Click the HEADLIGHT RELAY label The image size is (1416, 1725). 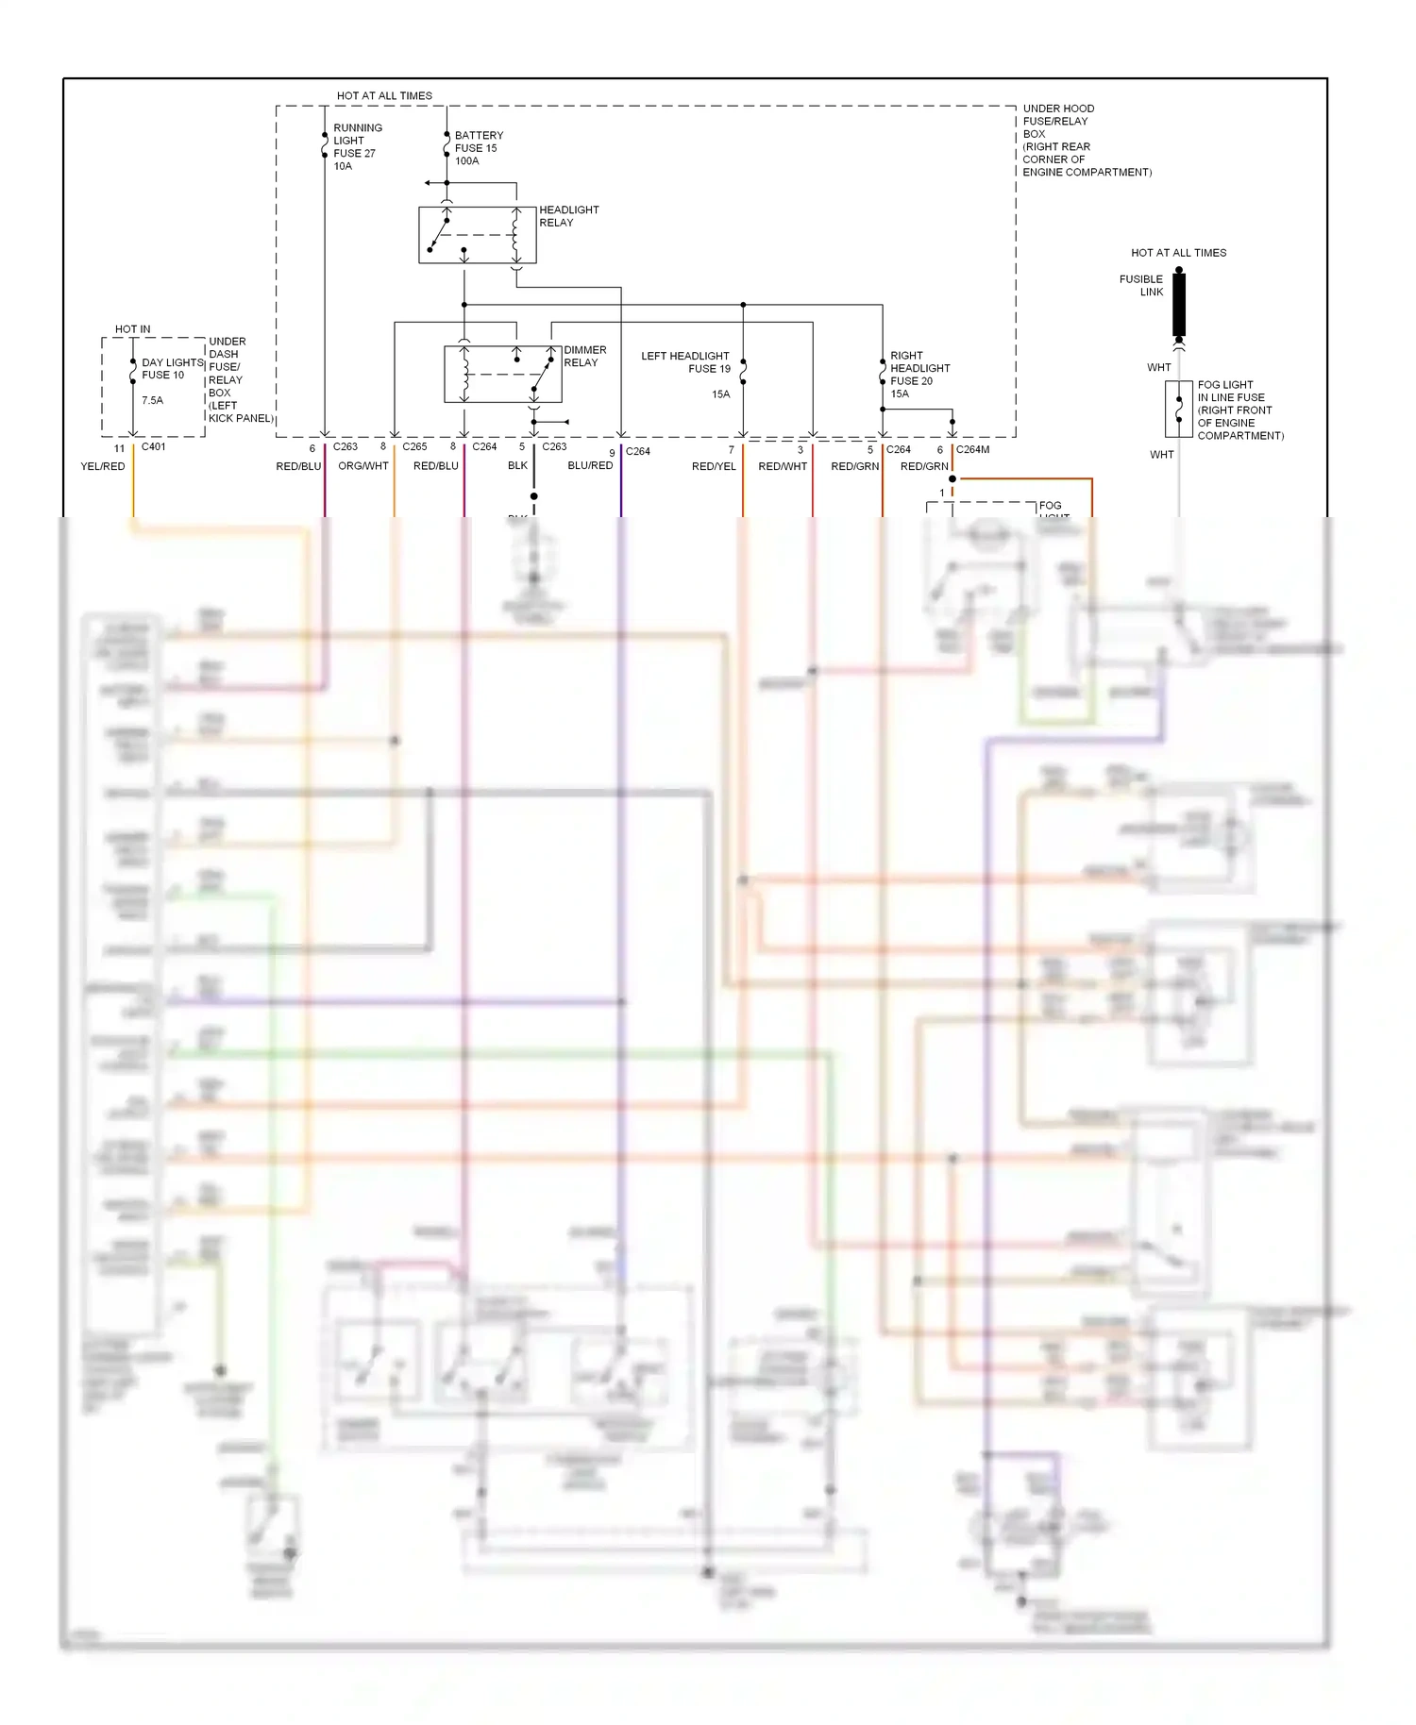(568, 216)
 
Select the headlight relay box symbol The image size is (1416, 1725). (477, 235)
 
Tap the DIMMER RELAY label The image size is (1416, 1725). (584, 356)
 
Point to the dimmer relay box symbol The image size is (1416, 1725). (502, 374)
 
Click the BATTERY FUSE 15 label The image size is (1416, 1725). (479, 148)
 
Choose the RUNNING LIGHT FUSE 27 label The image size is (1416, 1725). (357, 146)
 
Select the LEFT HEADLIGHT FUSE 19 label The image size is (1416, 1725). (686, 362)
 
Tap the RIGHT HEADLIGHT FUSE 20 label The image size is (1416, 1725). (919, 375)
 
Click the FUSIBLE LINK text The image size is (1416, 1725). (1141, 285)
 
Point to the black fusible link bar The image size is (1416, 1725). (1179, 303)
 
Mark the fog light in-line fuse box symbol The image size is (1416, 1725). (1178, 410)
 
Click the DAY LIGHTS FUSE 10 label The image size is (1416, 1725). (172, 369)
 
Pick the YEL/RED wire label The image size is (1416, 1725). (103, 466)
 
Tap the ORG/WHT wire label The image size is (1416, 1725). (363, 466)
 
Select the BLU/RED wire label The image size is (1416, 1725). (590, 465)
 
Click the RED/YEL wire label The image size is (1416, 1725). (714, 466)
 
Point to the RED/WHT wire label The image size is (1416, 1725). (783, 466)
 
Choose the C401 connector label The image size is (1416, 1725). (153, 446)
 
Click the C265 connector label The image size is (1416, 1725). (414, 446)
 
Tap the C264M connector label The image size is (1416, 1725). (972, 449)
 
